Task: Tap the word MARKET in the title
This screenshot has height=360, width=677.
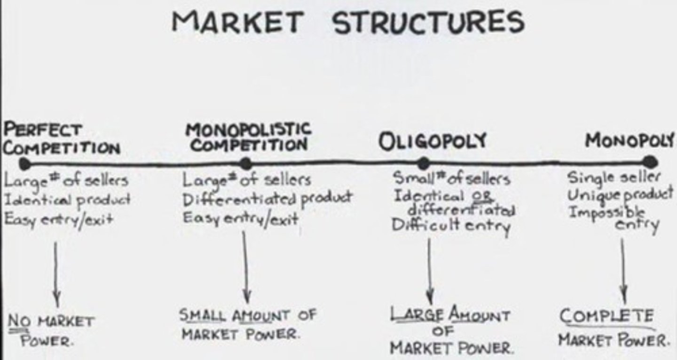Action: click(237, 22)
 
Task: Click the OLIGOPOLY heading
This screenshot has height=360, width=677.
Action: click(433, 141)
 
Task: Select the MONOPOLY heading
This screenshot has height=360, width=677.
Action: click(630, 140)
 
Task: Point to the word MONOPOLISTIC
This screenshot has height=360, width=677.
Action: click(248, 129)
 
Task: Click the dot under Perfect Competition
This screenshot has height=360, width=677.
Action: click(24, 164)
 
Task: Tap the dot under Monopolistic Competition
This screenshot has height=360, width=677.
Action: click(245, 164)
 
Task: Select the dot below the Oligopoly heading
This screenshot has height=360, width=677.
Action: click(423, 163)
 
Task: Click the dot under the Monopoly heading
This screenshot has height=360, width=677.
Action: click(649, 162)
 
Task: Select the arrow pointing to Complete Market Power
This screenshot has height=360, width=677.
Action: click(623, 270)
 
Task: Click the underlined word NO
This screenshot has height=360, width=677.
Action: click(17, 322)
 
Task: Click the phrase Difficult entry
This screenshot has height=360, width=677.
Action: click(451, 226)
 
